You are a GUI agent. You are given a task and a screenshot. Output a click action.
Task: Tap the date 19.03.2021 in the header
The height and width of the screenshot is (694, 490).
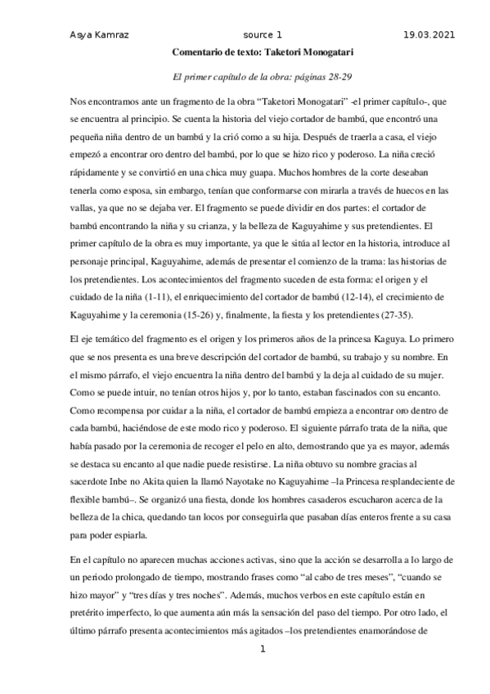pos(429,35)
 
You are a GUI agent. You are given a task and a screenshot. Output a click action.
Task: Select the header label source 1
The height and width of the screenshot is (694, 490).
pos(263,35)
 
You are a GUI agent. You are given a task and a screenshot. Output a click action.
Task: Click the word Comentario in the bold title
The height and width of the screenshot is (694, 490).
pos(197,52)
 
